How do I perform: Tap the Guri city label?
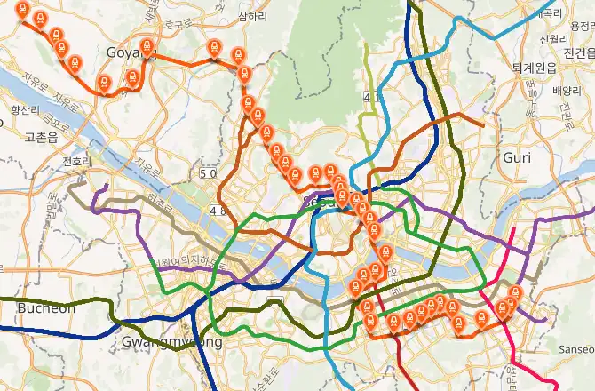pyautogui.click(x=517, y=157)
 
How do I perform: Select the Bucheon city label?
pyautogui.click(x=46, y=307)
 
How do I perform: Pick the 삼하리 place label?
pyautogui.click(x=253, y=17)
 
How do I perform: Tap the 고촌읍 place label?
pyautogui.click(x=41, y=137)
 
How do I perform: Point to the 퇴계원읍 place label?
pyautogui.click(x=534, y=68)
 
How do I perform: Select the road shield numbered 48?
pyautogui.click(x=218, y=210)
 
